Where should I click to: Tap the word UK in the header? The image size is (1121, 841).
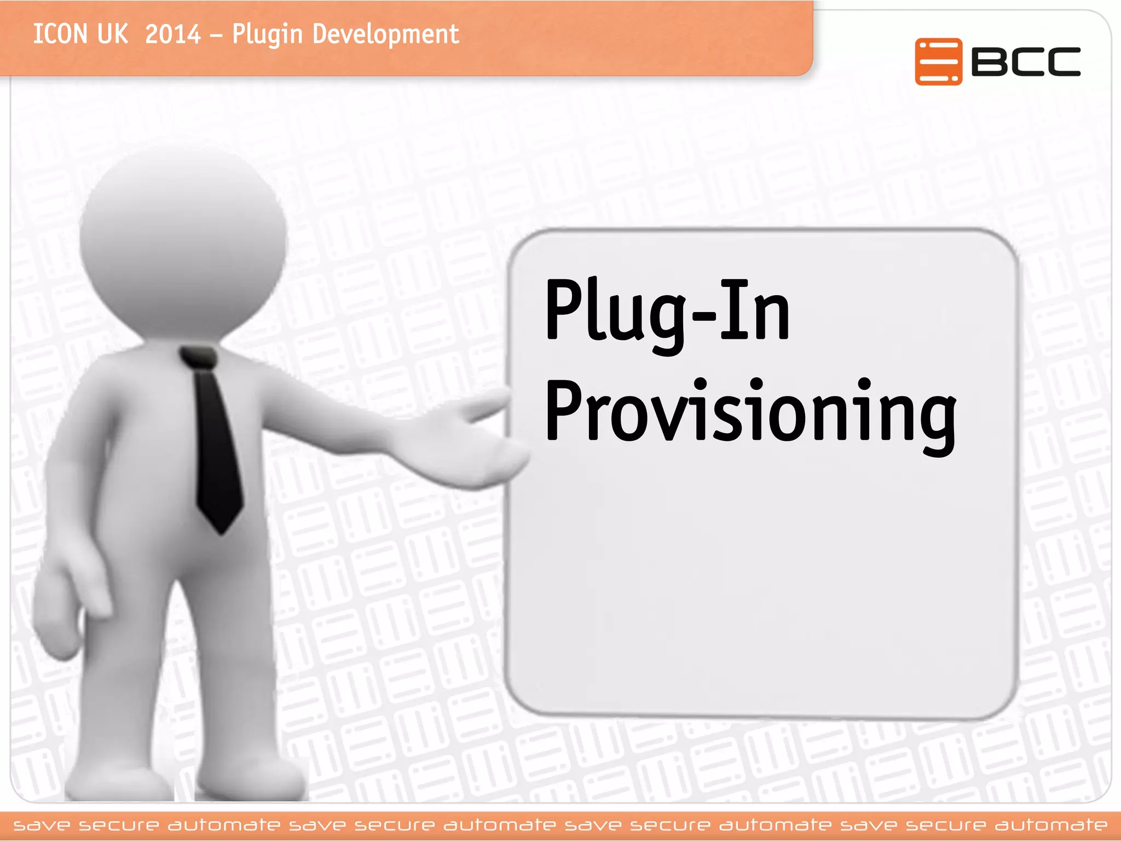(112, 34)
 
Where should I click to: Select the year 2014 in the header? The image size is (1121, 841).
(173, 34)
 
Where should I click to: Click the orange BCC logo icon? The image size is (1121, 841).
(938, 62)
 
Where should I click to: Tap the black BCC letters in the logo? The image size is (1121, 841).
(1026, 62)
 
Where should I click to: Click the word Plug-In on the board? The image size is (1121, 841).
(667, 312)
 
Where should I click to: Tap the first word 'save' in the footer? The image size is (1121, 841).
(42, 825)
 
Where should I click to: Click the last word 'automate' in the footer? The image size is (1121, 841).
(1051, 825)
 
